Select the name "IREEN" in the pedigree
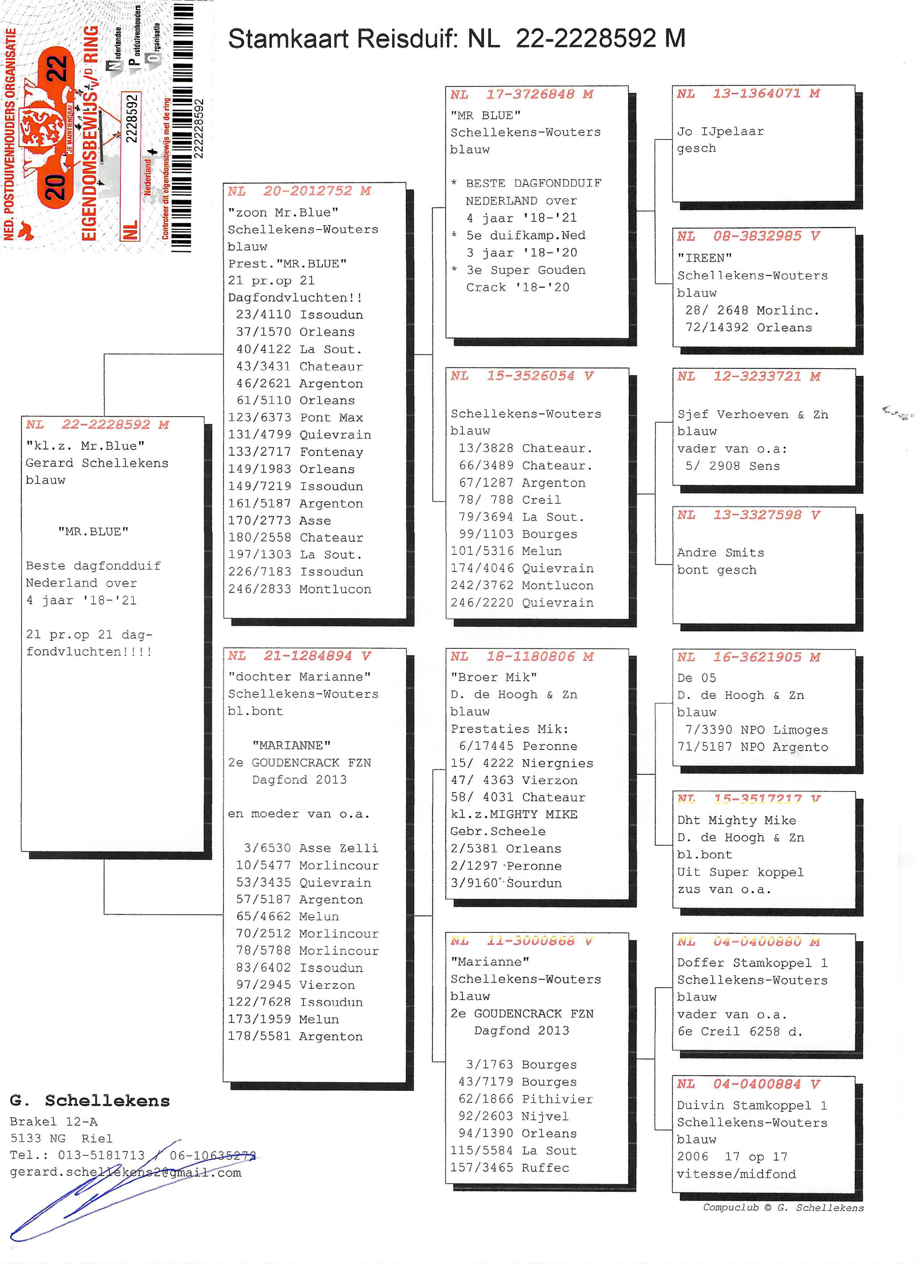click(705, 258)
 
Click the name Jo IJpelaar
click(720, 132)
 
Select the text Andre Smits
click(720, 553)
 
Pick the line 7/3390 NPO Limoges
click(756, 730)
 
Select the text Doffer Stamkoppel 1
click(752, 963)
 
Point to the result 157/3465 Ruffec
click(509, 1167)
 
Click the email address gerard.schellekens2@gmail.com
click(125, 1172)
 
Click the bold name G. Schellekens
click(89, 1101)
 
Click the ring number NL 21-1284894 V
click(299, 656)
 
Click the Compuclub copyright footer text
click(782, 1208)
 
